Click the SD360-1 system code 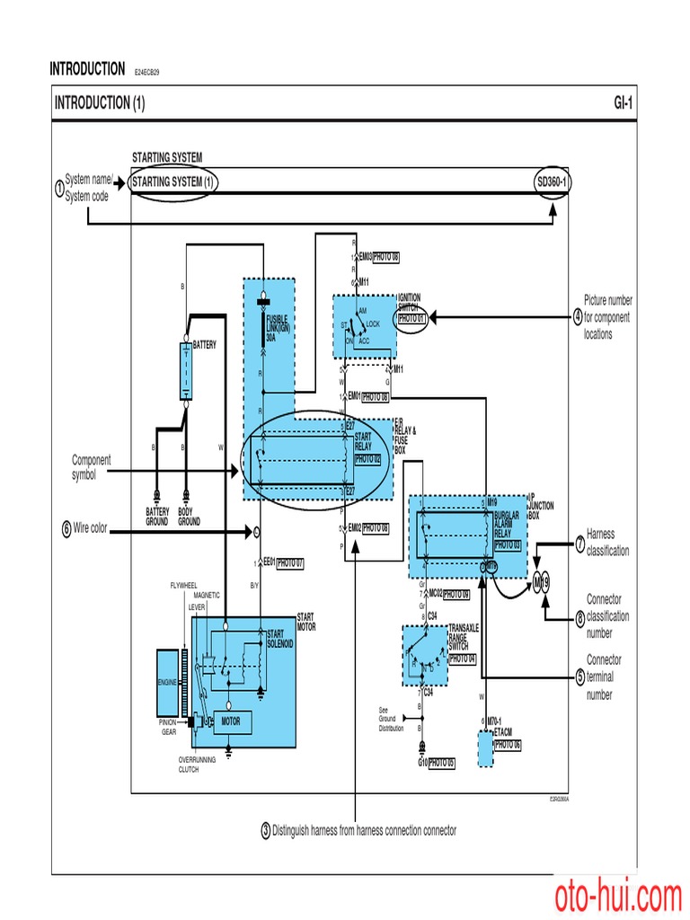tap(552, 181)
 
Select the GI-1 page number tap(624, 103)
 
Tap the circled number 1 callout tap(59, 189)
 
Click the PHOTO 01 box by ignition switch tap(411, 318)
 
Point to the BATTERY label tap(205, 344)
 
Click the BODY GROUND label tap(189, 517)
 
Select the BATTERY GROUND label tap(157, 517)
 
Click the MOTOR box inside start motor tap(231, 721)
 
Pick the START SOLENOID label tap(280, 640)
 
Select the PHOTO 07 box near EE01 tap(289, 563)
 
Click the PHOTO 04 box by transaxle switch tap(462, 659)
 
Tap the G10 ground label tap(422, 763)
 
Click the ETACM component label tap(502, 733)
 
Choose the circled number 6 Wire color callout tap(66, 529)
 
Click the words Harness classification tap(607, 542)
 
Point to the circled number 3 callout tap(266, 831)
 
